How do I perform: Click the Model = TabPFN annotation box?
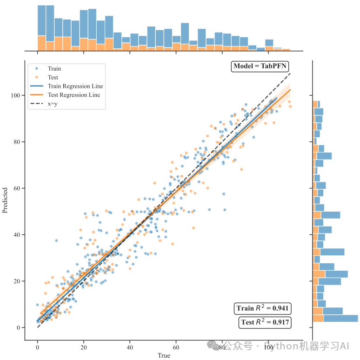pos(260,66)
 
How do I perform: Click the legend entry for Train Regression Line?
pos(75,87)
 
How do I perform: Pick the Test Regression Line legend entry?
pos(73,95)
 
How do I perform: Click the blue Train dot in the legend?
pos(37,69)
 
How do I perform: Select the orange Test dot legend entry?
pos(37,77)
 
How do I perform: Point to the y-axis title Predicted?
pos(5,200)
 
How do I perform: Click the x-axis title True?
pos(164,355)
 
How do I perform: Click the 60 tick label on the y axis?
pos(18,188)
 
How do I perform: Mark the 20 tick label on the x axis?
pos(84,347)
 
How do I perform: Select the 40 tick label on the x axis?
pos(130,347)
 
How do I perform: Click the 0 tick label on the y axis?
pos(19,327)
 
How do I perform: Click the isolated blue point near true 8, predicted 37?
pos(56,240)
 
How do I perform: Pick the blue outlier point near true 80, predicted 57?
pos(223,193)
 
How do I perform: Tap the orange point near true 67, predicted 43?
pos(193,227)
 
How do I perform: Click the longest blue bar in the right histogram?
pos(340,319)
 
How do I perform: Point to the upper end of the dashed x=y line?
pos(291,73)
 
